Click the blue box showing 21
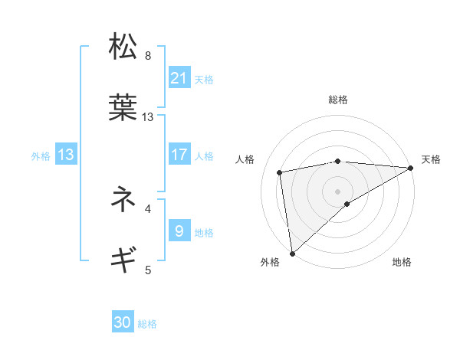pyautogui.click(x=179, y=77)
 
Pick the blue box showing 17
pyautogui.click(x=179, y=154)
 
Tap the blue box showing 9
pyautogui.click(x=179, y=231)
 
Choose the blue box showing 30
pyautogui.click(x=123, y=322)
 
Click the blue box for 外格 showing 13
pyautogui.click(x=66, y=155)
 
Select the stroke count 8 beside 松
pyautogui.click(x=148, y=56)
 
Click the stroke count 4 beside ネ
pyautogui.click(x=148, y=208)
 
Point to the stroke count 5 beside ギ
pyautogui.click(x=148, y=269)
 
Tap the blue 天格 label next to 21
pyautogui.click(x=204, y=79)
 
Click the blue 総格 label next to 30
pyautogui.click(x=147, y=324)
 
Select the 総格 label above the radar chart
pyautogui.click(x=338, y=100)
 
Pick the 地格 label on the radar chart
pyautogui.click(x=402, y=263)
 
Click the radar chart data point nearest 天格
pyautogui.click(x=410, y=168)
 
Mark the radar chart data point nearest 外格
pyautogui.click(x=292, y=252)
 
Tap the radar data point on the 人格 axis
pyautogui.click(x=281, y=172)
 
